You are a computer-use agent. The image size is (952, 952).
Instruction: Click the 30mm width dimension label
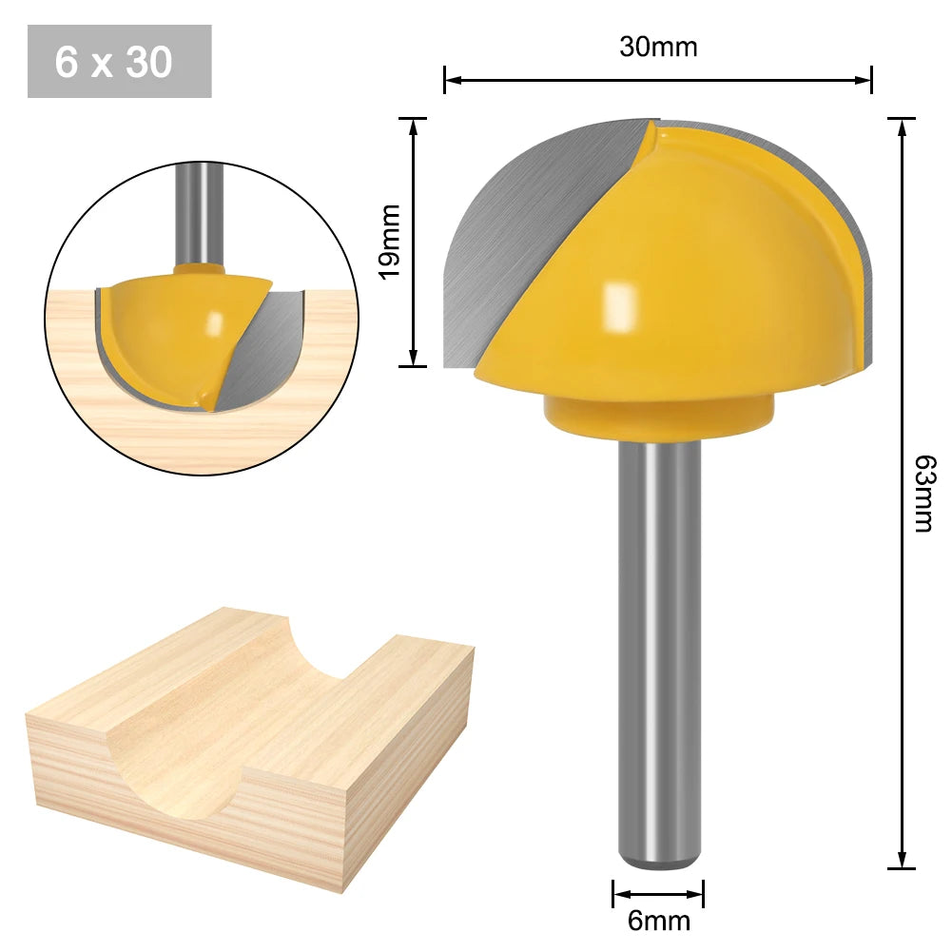coord(658,47)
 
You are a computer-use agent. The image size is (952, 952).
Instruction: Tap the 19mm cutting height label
coord(390,242)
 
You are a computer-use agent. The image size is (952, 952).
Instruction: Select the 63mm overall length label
coord(922,493)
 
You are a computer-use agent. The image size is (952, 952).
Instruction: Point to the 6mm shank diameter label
coord(658,921)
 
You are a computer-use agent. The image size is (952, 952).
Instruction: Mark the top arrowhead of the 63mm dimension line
coord(902,125)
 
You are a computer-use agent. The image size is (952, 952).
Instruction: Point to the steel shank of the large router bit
coord(660,647)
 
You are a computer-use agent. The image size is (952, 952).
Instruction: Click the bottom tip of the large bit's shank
coord(660,864)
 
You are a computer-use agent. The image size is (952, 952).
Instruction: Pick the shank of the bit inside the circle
coord(200,214)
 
